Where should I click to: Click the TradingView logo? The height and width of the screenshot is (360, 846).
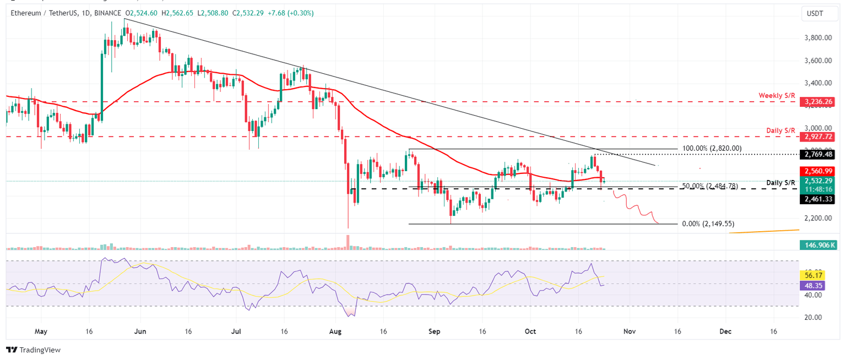click(x=33, y=350)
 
